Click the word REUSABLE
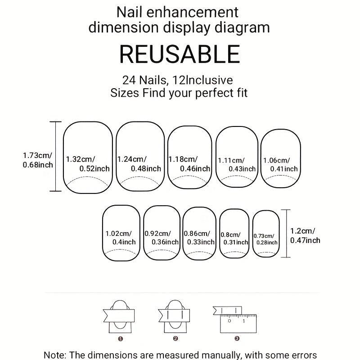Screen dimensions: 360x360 [x=180, y=54]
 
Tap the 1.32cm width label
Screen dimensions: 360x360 [x=81, y=159]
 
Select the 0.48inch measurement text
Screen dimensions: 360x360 [x=146, y=169]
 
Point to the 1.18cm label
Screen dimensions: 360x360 [x=183, y=159]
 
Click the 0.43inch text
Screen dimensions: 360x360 [x=242, y=169]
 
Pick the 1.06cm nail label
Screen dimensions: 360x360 [x=276, y=160]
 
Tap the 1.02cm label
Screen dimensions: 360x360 [x=118, y=234]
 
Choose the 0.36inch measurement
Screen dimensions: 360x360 [x=165, y=242]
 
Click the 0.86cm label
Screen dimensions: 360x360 [x=197, y=233]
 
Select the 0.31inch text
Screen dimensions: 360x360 [x=236, y=242]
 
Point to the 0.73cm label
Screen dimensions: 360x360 [x=264, y=236]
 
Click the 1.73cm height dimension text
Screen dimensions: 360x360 [x=37, y=155]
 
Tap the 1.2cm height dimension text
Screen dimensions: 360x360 [x=302, y=231]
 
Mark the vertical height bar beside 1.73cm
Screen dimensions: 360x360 [x=56, y=156]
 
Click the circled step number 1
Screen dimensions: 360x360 [x=120, y=339]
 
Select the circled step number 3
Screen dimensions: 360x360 [x=237, y=338]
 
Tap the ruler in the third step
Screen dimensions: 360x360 [x=238, y=324]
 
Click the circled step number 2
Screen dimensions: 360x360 [x=175, y=338]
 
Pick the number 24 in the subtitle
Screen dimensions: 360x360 [x=129, y=80]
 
